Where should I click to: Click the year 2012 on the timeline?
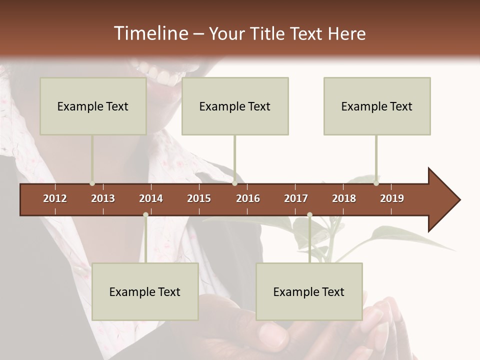pyautogui.click(x=55, y=198)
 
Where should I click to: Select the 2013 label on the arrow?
pyautogui.click(x=103, y=198)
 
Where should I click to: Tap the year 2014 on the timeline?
pyautogui.click(x=151, y=198)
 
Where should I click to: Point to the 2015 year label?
pyautogui.click(x=199, y=198)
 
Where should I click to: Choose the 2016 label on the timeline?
pyautogui.click(x=248, y=198)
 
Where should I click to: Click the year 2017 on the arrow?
pyautogui.click(x=296, y=198)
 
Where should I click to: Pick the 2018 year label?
pyautogui.click(x=344, y=198)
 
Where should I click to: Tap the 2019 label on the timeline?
pyautogui.click(x=392, y=198)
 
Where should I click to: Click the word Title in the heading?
pyautogui.click(x=268, y=33)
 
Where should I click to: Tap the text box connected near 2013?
pyautogui.click(x=93, y=106)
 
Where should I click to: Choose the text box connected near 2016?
pyautogui.click(x=235, y=106)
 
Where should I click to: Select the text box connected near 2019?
pyautogui.click(x=377, y=106)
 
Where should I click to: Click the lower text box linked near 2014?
pyautogui.click(x=145, y=291)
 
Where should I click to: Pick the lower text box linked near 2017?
pyautogui.click(x=309, y=291)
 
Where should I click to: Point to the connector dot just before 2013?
pyautogui.click(x=92, y=183)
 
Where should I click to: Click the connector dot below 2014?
pyautogui.click(x=145, y=215)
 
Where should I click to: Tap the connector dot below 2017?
pyautogui.click(x=309, y=215)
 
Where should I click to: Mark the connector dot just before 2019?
pyautogui.click(x=376, y=183)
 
